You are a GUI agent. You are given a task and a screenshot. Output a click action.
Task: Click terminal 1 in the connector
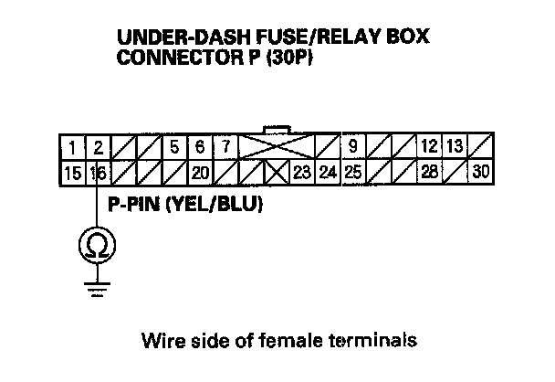(x=70, y=146)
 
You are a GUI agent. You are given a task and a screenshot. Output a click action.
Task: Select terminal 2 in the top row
(x=97, y=146)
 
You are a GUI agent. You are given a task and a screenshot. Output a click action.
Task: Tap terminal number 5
(x=174, y=146)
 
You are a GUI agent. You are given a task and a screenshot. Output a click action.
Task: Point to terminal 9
(x=351, y=146)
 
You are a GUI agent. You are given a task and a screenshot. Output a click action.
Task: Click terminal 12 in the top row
(x=428, y=146)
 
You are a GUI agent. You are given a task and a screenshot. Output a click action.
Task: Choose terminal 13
(x=455, y=146)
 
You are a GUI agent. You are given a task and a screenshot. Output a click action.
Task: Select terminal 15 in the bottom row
(x=70, y=171)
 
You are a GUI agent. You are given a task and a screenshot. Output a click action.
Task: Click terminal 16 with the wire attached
(x=97, y=171)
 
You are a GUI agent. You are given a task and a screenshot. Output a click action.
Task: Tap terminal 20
(x=200, y=171)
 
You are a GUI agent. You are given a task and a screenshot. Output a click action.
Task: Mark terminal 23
(x=301, y=171)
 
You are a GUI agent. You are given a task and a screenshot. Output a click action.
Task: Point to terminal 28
(x=428, y=171)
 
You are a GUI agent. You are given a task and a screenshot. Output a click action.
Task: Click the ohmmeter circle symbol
(x=95, y=245)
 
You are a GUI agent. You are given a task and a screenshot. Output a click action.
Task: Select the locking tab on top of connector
(x=275, y=128)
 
